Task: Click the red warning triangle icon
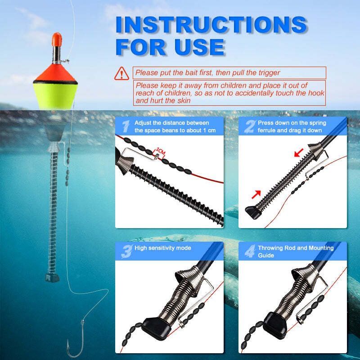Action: coord(121,73)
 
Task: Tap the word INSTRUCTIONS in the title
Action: coord(211,25)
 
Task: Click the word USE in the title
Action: coord(199,47)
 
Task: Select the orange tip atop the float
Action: coord(57,39)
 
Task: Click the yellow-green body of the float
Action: coord(54,95)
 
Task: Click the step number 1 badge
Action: coord(126,126)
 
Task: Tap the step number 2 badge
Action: coord(250,126)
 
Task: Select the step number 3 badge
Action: coord(126,252)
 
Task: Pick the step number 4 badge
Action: coord(250,251)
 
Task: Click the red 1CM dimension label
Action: coord(161,152)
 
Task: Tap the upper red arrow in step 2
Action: coord(299,153)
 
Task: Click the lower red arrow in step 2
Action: coord(256,194)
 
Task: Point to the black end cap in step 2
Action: coord(253,212)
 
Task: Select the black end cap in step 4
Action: coord(275,325)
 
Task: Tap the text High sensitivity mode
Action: coord(162,248)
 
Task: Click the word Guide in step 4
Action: coord(265,255)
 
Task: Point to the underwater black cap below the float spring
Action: coord(52,278)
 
